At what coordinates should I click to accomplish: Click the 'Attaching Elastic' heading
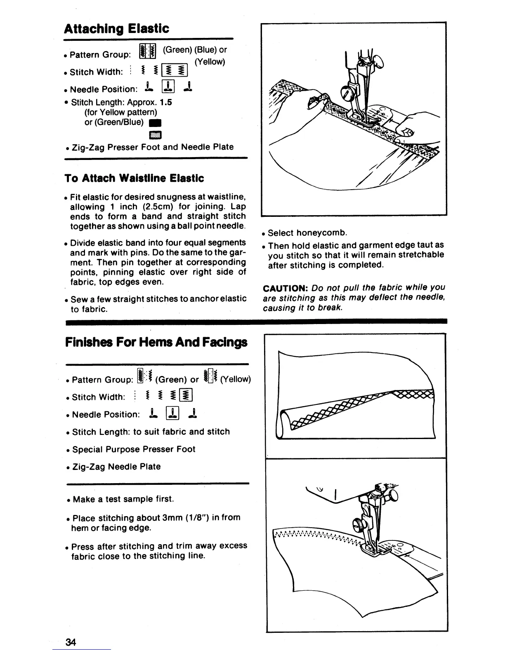(117, 28)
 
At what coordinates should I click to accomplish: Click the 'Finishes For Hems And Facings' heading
(156, 342)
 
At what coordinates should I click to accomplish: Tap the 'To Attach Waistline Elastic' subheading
(134, 178)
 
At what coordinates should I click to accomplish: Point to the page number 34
(71, 642)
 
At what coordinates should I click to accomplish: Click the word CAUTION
(286, 287)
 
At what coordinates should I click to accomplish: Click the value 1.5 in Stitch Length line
(165, 102)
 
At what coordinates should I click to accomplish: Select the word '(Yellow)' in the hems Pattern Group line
(236, 379)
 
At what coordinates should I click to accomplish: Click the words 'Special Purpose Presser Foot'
(134, 449)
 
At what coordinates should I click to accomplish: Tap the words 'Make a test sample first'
(123, 499)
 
